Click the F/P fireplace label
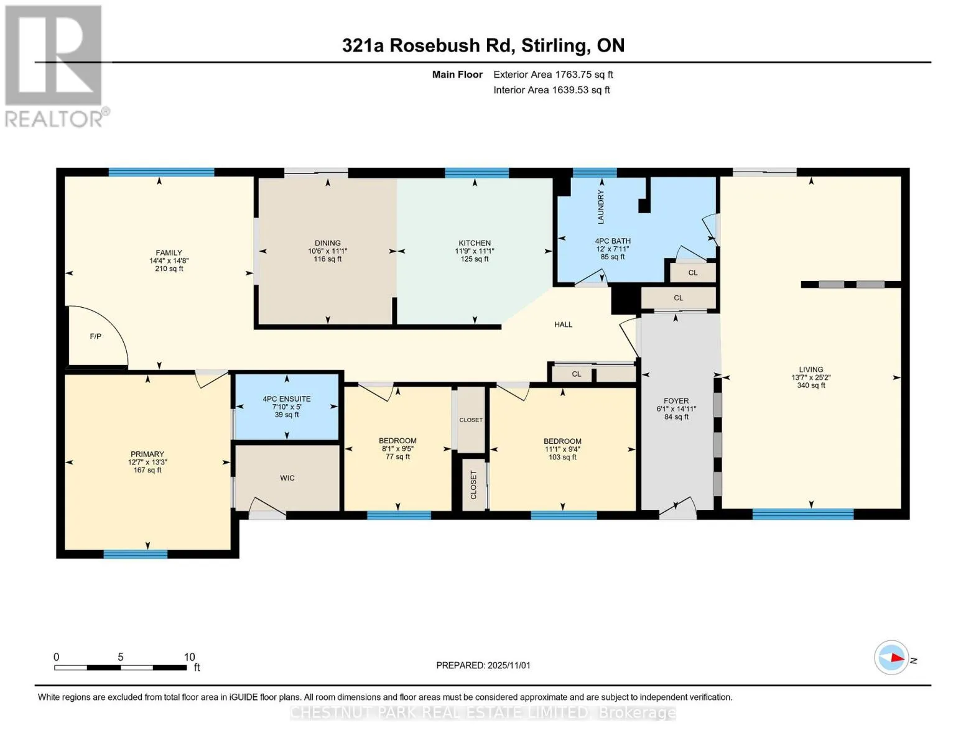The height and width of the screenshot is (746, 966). point(96,336)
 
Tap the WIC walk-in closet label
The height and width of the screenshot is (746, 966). point(287,478)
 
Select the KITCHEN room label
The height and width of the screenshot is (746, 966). point(475,243)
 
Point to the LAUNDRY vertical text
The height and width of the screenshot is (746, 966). point(601,207)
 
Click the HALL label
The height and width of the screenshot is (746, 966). point(563,325)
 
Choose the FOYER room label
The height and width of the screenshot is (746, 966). point(676,401)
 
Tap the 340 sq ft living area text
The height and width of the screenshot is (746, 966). point(811,385)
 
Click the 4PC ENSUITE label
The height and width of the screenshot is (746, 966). point(287,399)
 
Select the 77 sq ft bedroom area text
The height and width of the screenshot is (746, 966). point(397,456)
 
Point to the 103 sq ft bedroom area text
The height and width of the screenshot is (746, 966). point(562,457)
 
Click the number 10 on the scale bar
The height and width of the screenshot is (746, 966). point(189,656)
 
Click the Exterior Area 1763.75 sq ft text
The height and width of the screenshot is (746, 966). point(553,75)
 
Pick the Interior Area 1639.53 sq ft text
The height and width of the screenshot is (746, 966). point(551,90)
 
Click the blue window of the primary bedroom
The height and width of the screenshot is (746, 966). point(135,554)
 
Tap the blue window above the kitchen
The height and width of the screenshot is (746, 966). point(477,172)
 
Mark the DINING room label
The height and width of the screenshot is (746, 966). point(328,243)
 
